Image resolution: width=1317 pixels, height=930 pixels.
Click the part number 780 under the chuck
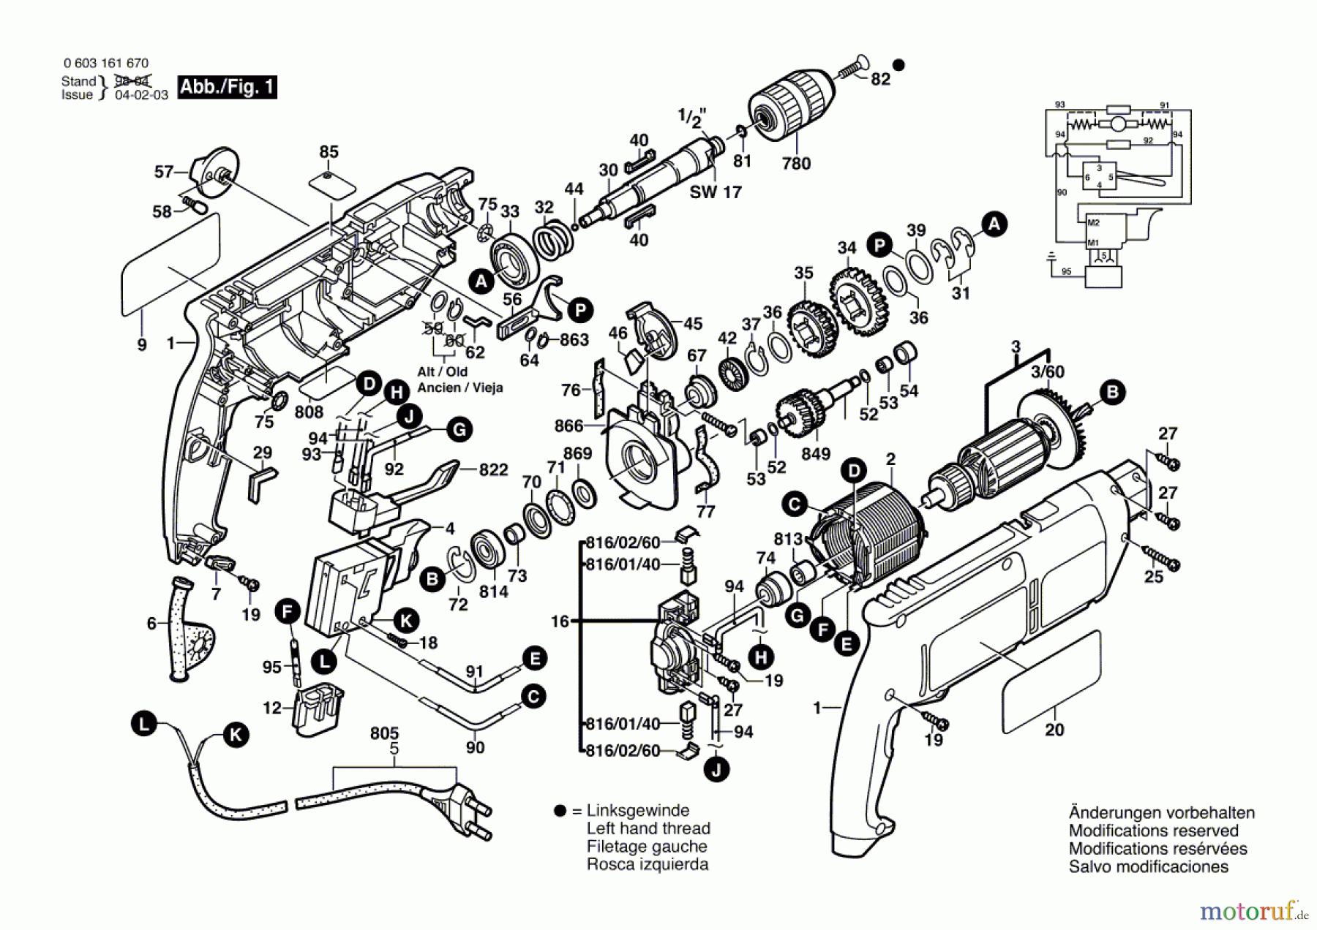[x=796, y=163]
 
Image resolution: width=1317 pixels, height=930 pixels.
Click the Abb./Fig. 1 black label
[x=227, y=87]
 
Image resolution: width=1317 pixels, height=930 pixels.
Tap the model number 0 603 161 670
[x=106, y=64]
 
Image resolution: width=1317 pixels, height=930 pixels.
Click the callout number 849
[x=816, y=454]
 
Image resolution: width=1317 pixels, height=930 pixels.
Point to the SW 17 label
[x=716, y=192]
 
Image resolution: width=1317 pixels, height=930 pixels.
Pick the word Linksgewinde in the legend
[x=638, y=810]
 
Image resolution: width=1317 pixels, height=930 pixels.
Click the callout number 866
[x=569, y=426]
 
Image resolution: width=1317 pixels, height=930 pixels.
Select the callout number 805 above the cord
[x=384, y=733]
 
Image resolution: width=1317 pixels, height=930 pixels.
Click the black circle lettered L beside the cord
[x=144, y=725]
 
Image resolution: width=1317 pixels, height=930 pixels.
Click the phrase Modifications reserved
[x=1153, y=831]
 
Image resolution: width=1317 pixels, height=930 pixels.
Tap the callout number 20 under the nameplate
[x=1054, y=729]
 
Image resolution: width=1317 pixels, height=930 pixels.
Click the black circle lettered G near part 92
[x=459, y=429]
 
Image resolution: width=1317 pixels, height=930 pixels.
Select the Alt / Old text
[x=442, y=372]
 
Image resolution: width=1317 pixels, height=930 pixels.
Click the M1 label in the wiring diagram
[x=1093, y=243]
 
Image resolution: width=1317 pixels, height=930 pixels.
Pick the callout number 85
[x=329, y=151]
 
